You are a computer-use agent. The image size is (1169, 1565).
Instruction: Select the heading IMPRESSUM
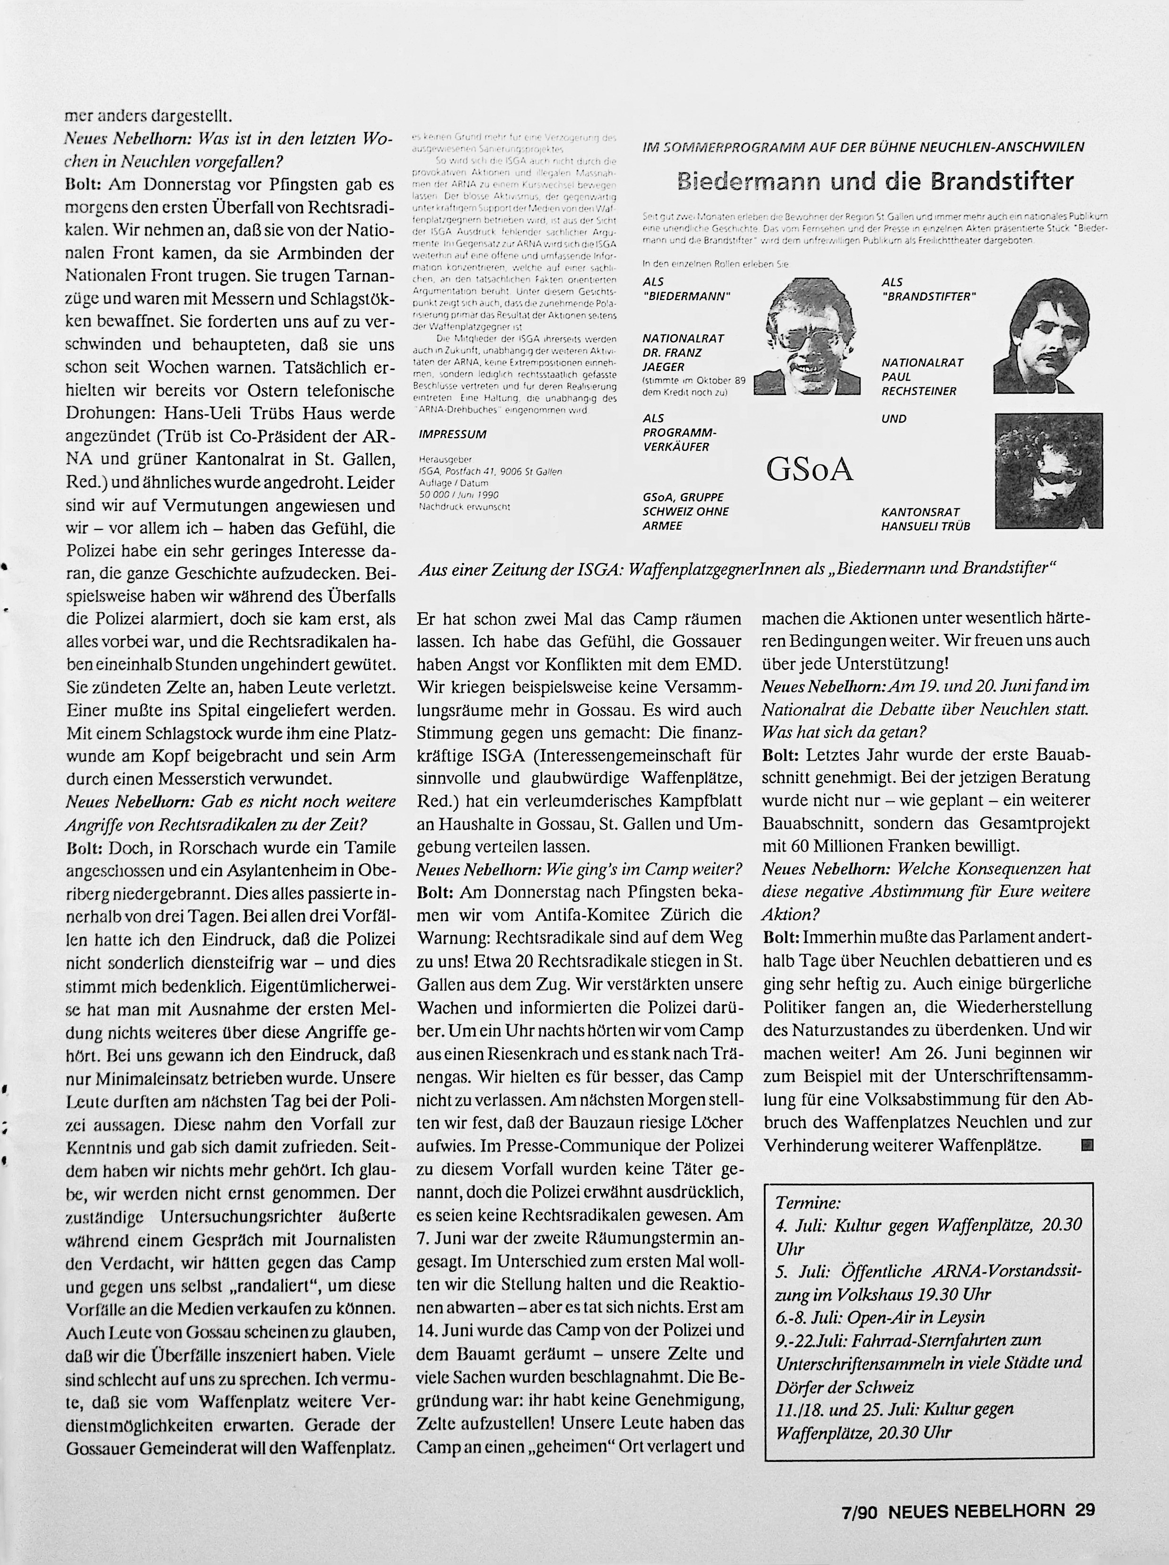pos(453,434)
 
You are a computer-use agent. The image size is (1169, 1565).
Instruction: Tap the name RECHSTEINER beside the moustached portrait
pos(919,391)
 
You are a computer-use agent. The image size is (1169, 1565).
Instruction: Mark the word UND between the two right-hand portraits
pos(894,418)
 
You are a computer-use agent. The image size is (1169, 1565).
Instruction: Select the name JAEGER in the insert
pos(663,367)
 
